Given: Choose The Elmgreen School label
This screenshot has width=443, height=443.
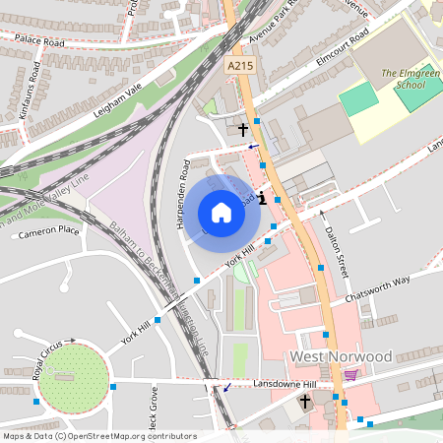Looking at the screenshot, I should pyautogui.click(x=405, y=79).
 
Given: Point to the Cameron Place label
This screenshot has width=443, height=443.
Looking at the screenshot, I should pyautogui.click(x=47, y=230).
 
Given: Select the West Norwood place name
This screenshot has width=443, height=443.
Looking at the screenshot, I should pyautogui.click(x=340, y=355).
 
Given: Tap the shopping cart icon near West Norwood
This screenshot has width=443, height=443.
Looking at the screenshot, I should pyautogui.click(x=350, y=374).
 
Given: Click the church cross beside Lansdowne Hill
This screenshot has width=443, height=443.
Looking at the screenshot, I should pyautogui.click(x=305, y=402).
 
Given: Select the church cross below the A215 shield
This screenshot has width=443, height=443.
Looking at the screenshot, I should pyautogui.click(x=242, y=129).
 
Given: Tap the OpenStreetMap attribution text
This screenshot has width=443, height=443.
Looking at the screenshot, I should pyautogui.click(x=86, y=435).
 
